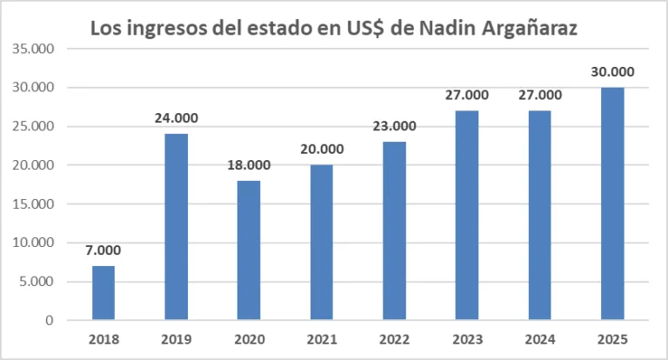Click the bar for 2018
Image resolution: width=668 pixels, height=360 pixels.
point(104,293)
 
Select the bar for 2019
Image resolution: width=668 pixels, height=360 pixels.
point(177,227)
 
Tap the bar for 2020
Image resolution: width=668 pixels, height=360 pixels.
point(250,250)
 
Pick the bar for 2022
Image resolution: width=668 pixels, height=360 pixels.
point(395,231)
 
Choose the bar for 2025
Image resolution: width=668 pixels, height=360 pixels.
point(613,203)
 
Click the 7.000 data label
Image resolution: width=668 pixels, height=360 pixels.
point(104,250)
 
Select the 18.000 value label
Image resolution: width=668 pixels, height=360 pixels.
point(250,165)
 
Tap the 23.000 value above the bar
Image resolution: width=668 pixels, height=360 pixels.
point(395,126)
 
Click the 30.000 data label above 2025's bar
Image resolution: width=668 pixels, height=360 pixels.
point(613,72)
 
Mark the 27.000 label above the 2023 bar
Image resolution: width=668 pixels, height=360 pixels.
point(468,95)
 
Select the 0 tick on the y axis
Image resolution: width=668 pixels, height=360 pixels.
point(50,321)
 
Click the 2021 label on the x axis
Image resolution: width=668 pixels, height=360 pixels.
point(322,339)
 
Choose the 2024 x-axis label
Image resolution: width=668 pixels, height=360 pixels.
point(540,339)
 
